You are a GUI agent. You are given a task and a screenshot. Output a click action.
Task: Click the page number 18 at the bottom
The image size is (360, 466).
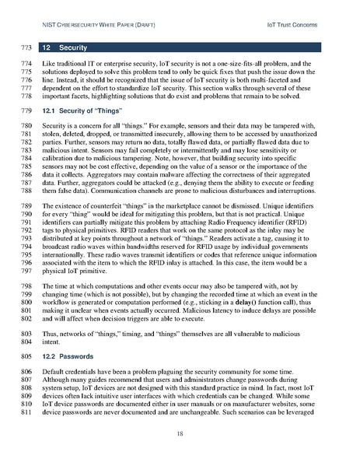coord(180,433)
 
